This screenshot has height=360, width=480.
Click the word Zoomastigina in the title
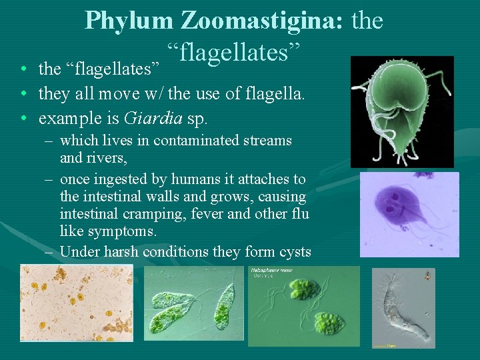(261, 21)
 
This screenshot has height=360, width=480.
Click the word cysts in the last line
(295, 251)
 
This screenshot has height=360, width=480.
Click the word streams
(269, 141)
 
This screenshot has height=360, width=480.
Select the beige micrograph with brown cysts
(76, 303)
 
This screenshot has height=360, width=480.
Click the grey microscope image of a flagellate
(403, 307)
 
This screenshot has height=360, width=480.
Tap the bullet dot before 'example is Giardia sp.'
(24, 120)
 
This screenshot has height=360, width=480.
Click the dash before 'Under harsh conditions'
(50, 252)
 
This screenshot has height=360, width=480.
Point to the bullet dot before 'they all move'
(24, 95)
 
